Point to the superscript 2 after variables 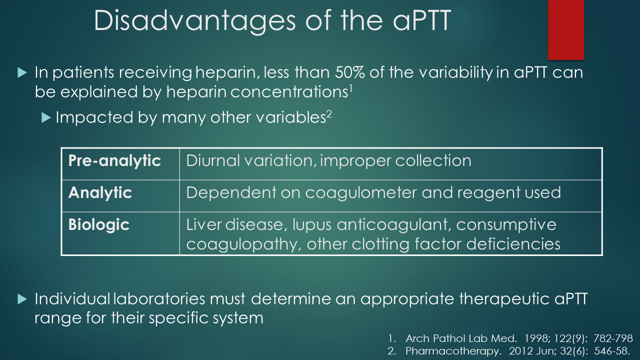pos(329,113)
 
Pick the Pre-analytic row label pos(114,161)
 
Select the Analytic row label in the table pos(100,192)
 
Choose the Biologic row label pos(99,225)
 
